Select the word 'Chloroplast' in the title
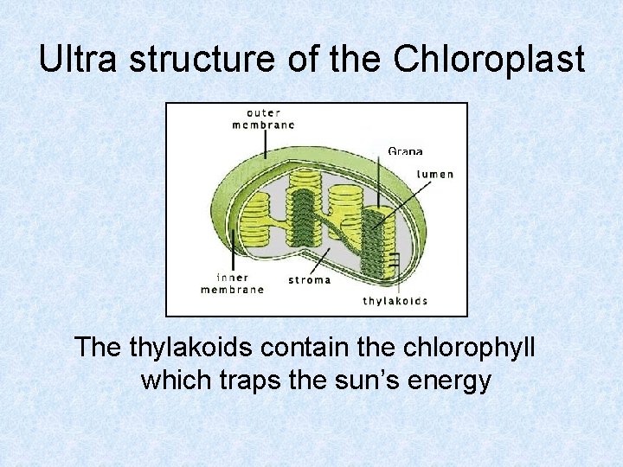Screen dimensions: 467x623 point(489,60)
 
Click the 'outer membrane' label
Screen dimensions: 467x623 point(264,118)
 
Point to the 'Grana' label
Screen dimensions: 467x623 point(405,151)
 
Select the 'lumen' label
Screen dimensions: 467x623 point(435,174)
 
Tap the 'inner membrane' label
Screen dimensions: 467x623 point(232,284)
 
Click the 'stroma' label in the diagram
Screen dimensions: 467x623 point(308,280)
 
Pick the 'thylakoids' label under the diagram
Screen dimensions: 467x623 point(395,301)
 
